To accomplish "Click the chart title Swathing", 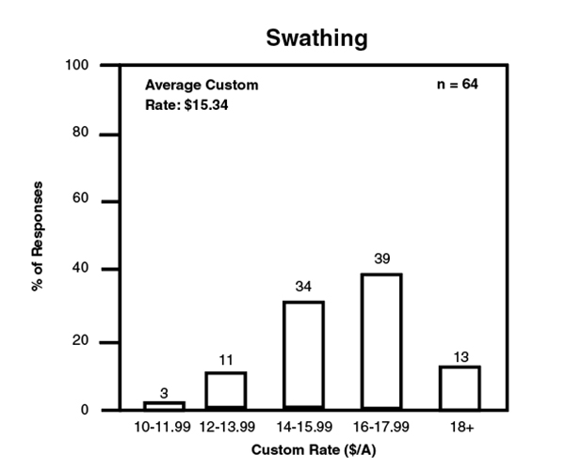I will [x=316, y=39].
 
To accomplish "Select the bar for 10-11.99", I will [x=164, y=405].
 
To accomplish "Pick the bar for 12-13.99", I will [x=226, y=391].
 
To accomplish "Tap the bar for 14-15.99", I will [x=303, y=355].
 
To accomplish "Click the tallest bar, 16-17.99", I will [x=381, y=341].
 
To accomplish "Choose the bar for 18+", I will [x=460, y=387].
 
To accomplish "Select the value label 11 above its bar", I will [x=226, y=358].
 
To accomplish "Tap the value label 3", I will [x=164, y=392].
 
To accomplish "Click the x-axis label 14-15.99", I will [x=303, y=429].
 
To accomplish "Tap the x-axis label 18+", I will [x=460, y=429].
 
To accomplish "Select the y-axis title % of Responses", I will [x=39, y=236].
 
